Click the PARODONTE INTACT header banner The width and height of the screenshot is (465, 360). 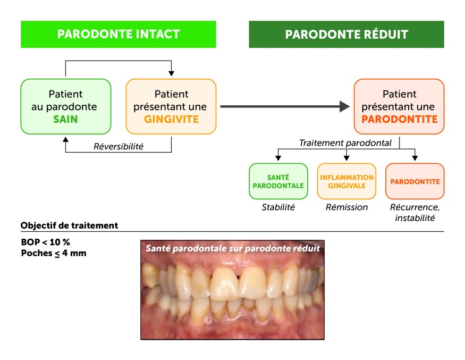119,35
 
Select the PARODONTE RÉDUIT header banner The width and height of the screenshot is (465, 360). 346,35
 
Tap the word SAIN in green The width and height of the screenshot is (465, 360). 65,119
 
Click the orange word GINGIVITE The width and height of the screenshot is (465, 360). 171,119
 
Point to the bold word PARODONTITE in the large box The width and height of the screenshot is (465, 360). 400,119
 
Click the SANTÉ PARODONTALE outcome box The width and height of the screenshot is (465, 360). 278,181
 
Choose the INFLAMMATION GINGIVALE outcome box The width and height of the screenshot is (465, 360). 346,181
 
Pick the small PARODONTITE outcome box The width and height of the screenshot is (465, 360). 415,181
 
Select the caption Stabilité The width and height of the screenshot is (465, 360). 278,207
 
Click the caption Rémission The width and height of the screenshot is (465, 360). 346,207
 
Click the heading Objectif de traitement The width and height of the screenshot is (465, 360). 69,225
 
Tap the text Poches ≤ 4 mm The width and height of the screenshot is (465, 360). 53,253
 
